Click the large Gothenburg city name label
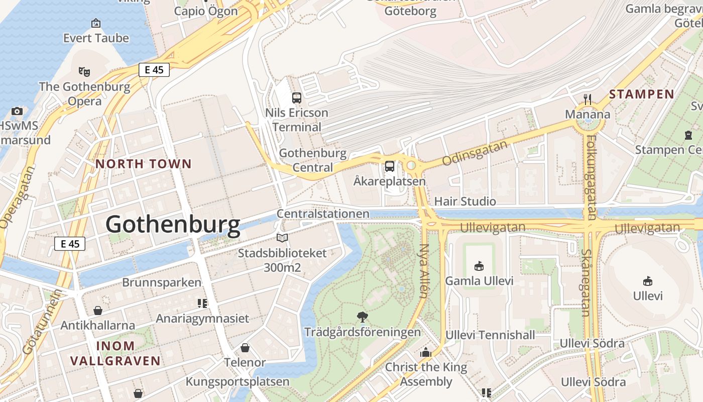[173, 224]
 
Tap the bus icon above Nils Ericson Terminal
[297, 98]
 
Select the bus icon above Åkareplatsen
[390, 166]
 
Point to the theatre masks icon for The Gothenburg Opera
[84, 72]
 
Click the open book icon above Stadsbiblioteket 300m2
[282, 238]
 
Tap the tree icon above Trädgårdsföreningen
[362, 317]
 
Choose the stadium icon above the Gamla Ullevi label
[479, 266]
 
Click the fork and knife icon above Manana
[588, 99]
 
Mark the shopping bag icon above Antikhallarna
[98, 311]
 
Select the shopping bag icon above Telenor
[245, 347]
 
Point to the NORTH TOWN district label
[144, 164]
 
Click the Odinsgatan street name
[475, 153]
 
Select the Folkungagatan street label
[591, 177]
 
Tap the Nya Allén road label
[424, 271]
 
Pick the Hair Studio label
[465, 202]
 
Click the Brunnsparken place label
[162, 282]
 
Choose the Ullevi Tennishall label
[486, 335]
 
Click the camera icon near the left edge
[17, 111]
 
